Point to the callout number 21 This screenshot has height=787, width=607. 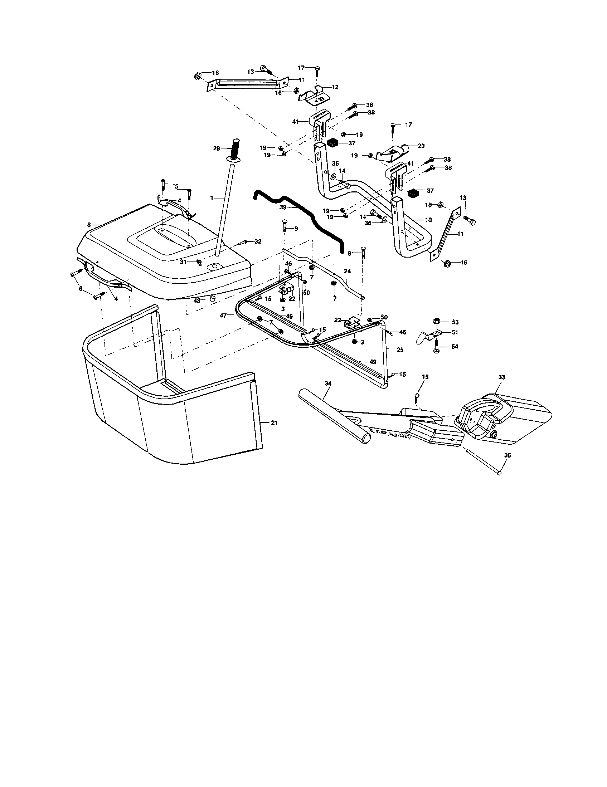coord(274,423)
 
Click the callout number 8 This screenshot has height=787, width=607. coord(89,225)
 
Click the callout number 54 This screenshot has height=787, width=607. coord(455,346)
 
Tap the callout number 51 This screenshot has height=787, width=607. coord(455,332)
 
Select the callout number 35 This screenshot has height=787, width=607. coord(507,455)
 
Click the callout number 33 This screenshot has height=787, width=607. coord(501,377)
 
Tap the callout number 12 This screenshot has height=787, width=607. coord(335,87)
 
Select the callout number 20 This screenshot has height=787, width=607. coord(421,146)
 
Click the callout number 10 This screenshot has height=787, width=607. coord(418,220)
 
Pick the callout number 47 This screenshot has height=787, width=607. coord(223,315)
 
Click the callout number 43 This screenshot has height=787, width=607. coord(197,300)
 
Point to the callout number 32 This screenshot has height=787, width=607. coord(258,241)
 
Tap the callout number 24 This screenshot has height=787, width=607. coord(347,271)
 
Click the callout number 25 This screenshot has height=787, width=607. coord(400,350)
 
